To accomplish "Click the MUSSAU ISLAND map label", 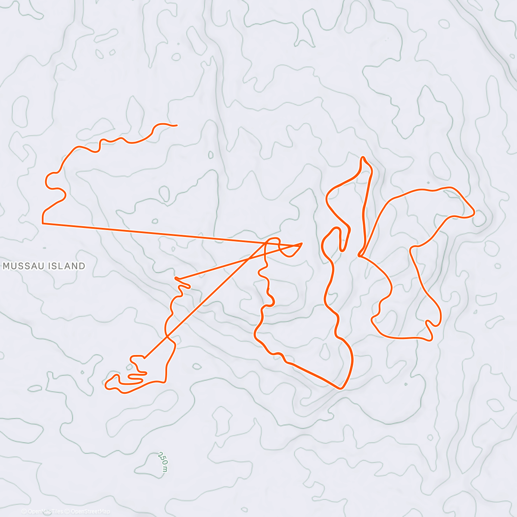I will coord(44,266).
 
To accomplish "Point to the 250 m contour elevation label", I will coord(163,461).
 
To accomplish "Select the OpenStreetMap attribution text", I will coord(90,511).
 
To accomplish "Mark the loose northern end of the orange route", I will coord(176,125).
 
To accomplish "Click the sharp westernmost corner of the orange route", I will coord(43,223).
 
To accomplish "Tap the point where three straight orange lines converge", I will coord(301,243).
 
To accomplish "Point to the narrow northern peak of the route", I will coord(363,158).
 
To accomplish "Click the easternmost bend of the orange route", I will coord(474,212).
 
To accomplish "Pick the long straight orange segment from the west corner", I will coord(172,234).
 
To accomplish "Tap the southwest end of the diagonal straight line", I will coord(145,358).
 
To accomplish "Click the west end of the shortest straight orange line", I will coord(176,279).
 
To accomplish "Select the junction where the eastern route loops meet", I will coord(359,255).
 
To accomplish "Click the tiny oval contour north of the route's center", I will coord(211,155).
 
